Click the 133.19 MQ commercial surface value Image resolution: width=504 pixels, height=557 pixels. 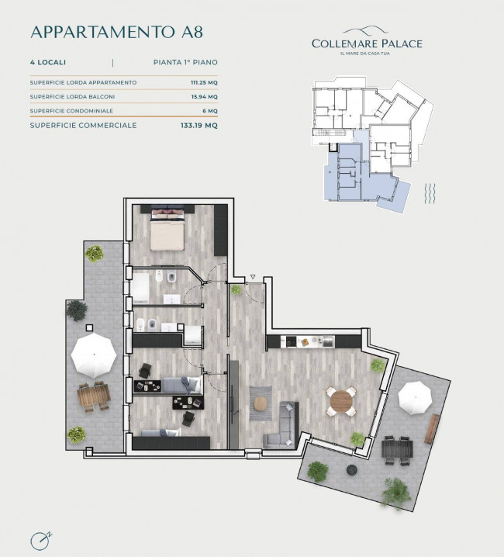point(199,126)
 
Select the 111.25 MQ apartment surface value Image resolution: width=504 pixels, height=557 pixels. point(204,82)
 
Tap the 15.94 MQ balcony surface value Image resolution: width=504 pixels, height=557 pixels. point(205,97)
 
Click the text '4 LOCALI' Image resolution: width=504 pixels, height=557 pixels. point(48,62)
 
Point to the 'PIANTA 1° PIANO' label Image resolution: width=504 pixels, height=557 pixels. point(185,62)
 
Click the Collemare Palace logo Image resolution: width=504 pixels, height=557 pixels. point(367,40)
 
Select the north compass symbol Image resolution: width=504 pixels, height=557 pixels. point(41,541)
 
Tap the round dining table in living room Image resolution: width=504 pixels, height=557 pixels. point(341,401)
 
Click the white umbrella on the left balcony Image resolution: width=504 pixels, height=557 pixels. point(94,355)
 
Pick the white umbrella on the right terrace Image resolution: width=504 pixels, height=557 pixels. point(415,398)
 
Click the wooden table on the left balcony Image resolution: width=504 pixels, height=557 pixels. point(94,396)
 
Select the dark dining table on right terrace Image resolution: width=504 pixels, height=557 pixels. point(398,449)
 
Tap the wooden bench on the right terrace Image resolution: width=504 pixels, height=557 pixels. point(432,429)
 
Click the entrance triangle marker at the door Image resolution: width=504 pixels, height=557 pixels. point(253,277)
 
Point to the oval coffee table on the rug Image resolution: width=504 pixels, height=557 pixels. point(261,403)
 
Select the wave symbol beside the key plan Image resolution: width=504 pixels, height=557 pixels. point(430,194)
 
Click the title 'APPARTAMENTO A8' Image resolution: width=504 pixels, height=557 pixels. point(117,32)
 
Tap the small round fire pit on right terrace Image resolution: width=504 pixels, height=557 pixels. point(351,469)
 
